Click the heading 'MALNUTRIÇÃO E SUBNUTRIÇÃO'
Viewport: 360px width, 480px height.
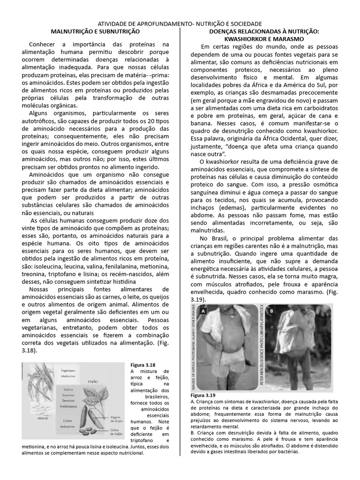pyautogui.click(x=95, y=31)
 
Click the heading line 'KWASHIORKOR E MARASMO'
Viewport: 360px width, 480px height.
pyautogui.click(x=263, y=38)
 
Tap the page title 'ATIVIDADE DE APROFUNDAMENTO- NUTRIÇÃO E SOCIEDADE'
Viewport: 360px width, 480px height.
pyautogui.click(x=180, y=23)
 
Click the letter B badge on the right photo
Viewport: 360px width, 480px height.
pyautogui.click(x=272, y=311)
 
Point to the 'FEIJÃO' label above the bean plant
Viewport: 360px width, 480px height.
pyautogui.click(x=92, y=382)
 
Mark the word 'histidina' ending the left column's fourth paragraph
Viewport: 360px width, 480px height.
pyautogui.click(x=120, y=281)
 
